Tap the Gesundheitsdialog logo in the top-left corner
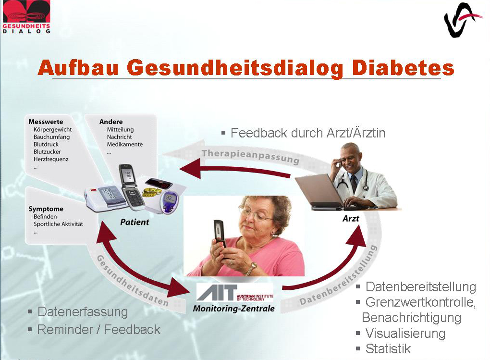click(26, 17)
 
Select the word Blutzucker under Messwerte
click(47, 152)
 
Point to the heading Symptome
click(46, 209)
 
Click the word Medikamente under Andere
click(125, 144)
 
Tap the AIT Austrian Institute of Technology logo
click(235, 292)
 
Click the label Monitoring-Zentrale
click(234, 309)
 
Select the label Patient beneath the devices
click(135, 222)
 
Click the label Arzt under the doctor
click(351, 218)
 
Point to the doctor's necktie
click(354, 183)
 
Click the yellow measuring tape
click(152, 192)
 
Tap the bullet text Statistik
click(388, 349)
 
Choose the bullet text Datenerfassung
click(83, 312)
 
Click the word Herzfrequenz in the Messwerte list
click(51, 159)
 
